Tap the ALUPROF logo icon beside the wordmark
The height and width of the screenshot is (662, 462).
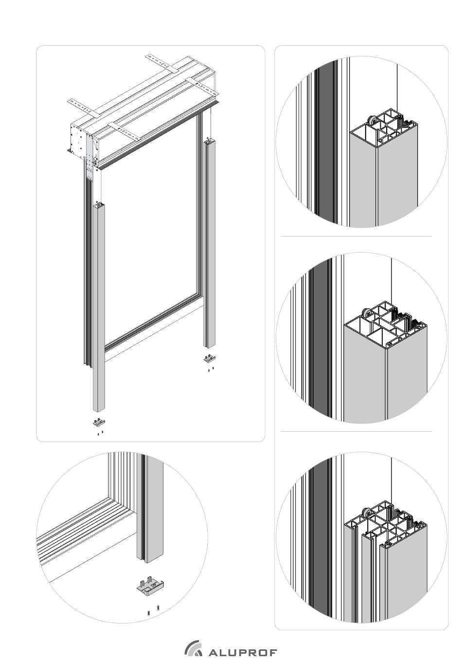[194, 649]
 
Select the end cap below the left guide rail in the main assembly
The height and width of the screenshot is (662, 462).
[99, 422]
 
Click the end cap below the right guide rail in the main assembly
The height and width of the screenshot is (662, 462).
[209, 359]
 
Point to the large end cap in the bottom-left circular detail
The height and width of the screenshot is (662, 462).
[150, 586]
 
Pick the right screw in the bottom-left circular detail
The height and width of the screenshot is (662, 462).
[158, 608]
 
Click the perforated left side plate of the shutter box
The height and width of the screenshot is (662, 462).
[78, 141]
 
